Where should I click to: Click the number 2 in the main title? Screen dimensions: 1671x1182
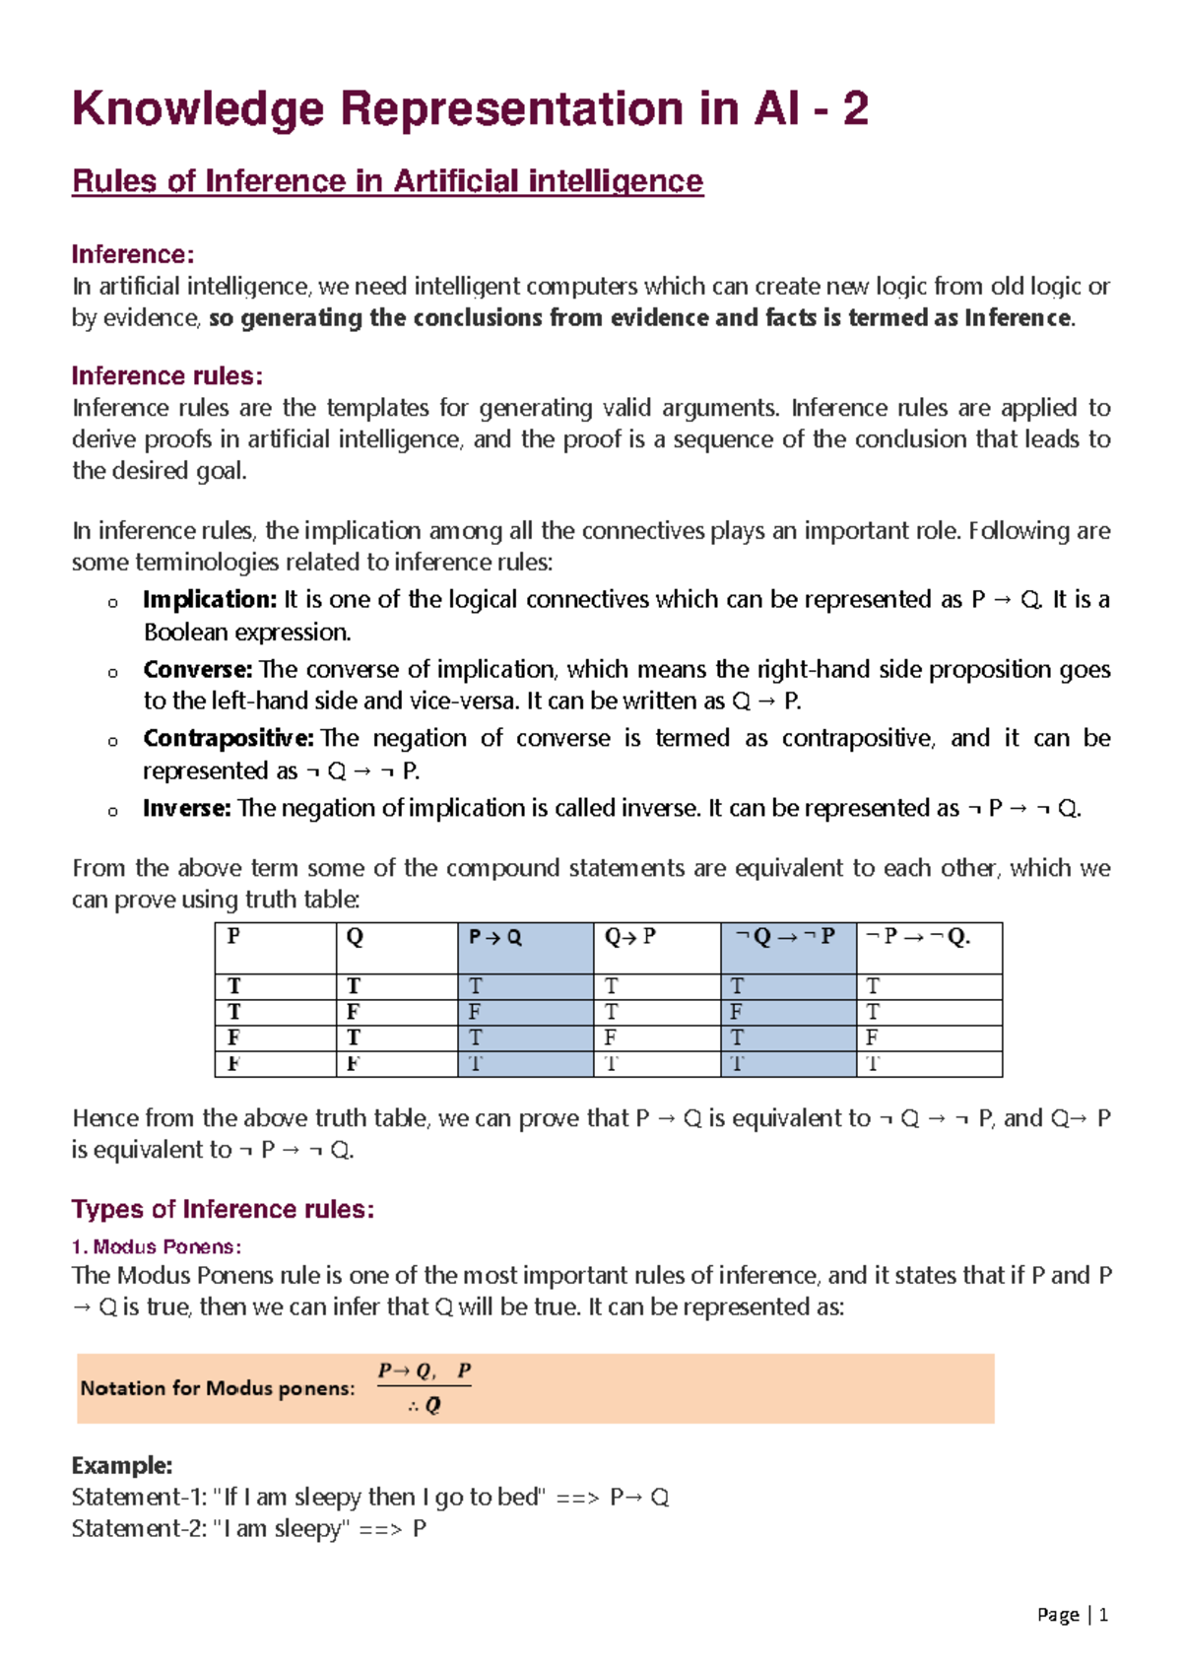click(855, 108)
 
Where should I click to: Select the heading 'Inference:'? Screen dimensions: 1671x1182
click(132, 254)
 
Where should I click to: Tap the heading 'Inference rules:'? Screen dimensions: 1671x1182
click(166, 376)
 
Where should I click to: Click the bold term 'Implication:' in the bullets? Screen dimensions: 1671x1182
click(209, 599)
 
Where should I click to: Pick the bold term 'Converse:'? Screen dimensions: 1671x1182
click(197, 669)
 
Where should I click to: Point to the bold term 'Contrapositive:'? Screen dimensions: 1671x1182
click(228, 738)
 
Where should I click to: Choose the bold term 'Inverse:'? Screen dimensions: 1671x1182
click(186, 808)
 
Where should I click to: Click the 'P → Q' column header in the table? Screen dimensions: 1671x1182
click(494, 937)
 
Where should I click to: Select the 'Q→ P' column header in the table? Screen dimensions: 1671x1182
click(629, 937)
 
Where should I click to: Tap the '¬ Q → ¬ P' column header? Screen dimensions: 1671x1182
click(785, 937)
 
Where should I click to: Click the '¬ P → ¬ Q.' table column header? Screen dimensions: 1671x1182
click(917, 937)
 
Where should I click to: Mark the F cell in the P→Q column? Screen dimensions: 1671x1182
click(475, 1012)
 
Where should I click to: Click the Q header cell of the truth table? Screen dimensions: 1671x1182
click(355, 937)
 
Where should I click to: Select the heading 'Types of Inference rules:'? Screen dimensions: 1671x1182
click(223, 1209)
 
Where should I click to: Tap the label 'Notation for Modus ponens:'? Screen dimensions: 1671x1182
click(217, 1388)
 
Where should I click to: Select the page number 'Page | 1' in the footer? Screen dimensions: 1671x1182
click(1072, 1615)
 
